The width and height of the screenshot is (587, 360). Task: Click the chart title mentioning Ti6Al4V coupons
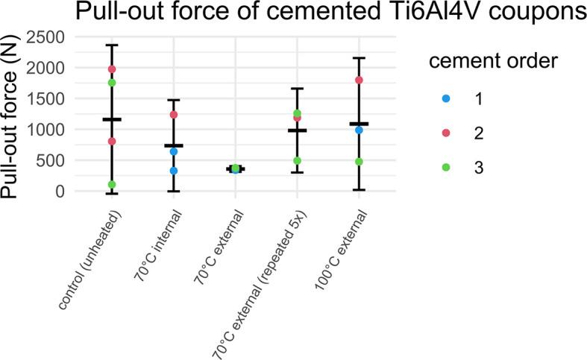(x=293, y=13)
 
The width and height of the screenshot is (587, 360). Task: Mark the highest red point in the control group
(x=112, y=69)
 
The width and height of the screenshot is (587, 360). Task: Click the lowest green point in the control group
(x=112, y=185)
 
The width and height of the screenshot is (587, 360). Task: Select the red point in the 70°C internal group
(x=174, y=115)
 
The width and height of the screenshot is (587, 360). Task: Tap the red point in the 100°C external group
(x=359, y=80)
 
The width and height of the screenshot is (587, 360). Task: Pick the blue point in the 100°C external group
(x=359, y=130)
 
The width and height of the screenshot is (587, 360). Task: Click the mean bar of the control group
(x=112, y=119)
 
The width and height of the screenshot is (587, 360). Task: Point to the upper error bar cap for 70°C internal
(x=174, y=100)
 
